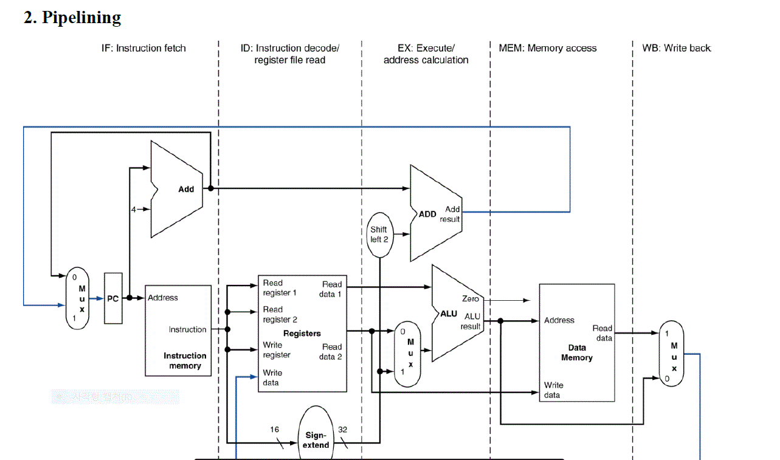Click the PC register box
(113, 298)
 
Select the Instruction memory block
(178, 330)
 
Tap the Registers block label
(302, 334)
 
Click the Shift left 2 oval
(379, 234)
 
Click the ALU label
(449, 314)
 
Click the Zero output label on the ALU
(471, 299)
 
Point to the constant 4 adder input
(134, 209)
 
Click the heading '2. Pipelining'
(72, 18)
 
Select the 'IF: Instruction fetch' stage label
(143, 48)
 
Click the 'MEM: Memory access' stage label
(548, 48)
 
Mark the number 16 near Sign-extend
(275, 430)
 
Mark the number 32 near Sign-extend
(343, 430)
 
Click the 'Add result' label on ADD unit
(450, 214)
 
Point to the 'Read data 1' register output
(331, 289)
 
